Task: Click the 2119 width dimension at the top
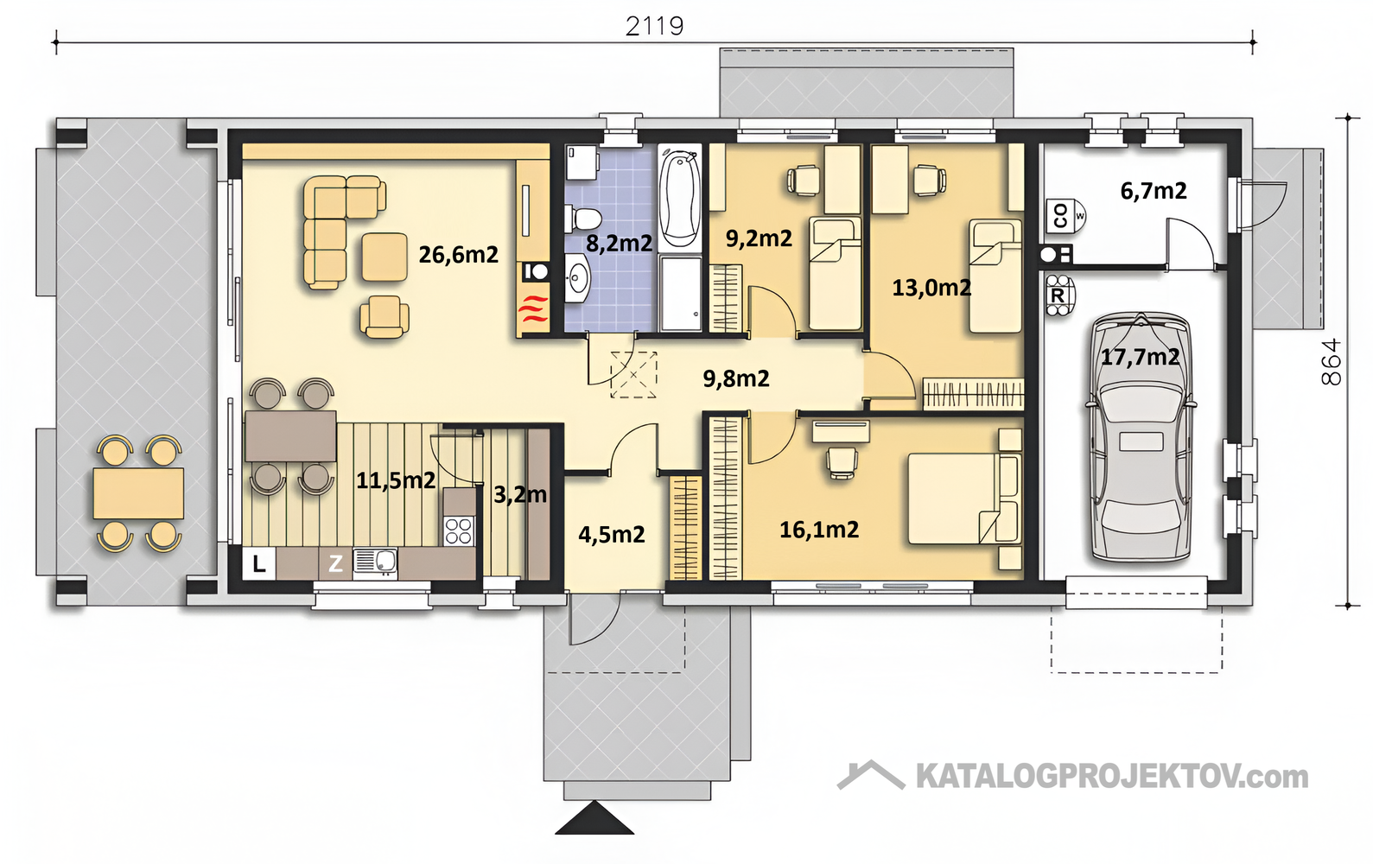pyautogui.click(x=654, y=26)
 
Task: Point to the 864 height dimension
pyautogui.click(x=1332, y=362)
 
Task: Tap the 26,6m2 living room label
pyautogui.click(x=459, y=254)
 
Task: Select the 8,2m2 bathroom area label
pyautogui.click(x=619, y=244)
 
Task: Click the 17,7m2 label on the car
pyautogui.click(x=1140, y=357)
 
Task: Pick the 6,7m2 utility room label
pyautogui.click(x=1154, y=191)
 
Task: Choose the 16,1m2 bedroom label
pyautogui.click(x=819, y=530)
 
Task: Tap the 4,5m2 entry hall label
pyautogui.click(x=612, y=534)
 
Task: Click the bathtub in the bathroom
pyautogui.click(x=680, y=195)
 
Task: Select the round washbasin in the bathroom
pyautogui.click(x=577, y=279)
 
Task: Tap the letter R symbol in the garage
pyautogui.click(x=1058, y=295)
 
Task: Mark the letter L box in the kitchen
pyautogui.click(x=259, y=563)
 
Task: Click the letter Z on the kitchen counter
pyautogui.click(x=335, y=563)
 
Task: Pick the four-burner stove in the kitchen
pyautogui.click(x=459, y=530)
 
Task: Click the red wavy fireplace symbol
pyautogui.click(x=533, y=309)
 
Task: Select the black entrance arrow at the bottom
pyautogui.click(x=594, y=817)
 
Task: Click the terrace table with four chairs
pyautogui.click(x=139, y=493)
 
